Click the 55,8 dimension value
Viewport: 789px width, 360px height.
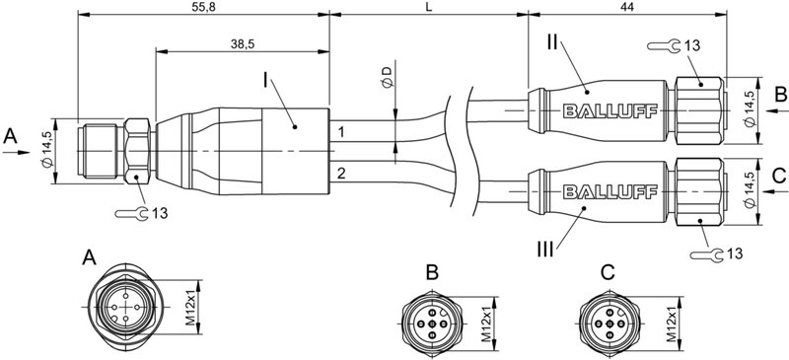201,7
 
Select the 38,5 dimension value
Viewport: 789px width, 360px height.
241,44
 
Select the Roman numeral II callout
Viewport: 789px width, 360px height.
553,42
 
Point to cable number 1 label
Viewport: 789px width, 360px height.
341,131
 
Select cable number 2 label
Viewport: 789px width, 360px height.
341,174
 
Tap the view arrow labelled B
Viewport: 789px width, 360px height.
778,96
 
